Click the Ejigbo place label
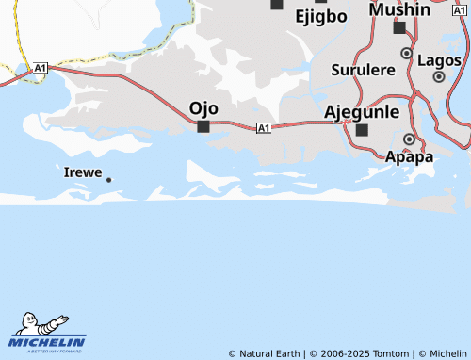point(321,16)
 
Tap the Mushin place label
point(399,9)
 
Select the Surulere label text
point(363,70)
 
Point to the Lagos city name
point(439,59)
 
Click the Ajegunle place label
point(362,111)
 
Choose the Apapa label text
point(410,156)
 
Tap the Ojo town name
point(203,107)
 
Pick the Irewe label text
point(83,172)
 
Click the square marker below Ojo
point(203,126)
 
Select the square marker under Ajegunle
point(363,129)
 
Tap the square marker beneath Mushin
point(399,27)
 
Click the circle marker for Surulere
point(407,54)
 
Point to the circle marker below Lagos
point(439,76)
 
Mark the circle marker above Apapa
point(409,139)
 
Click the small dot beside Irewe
point(109,179)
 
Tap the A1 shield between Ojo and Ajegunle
point(263,127)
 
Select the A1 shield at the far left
point(41,68)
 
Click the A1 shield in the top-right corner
point(459,9)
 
